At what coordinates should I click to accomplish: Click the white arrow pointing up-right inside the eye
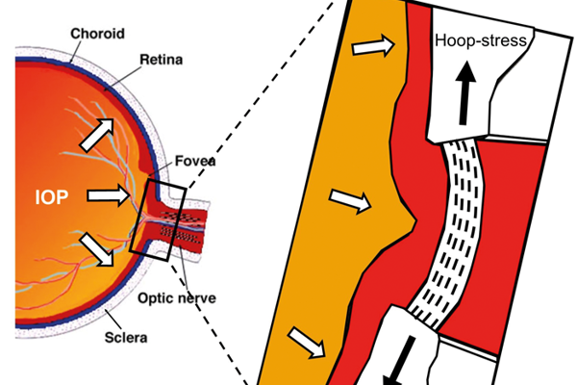pos(100,134)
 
